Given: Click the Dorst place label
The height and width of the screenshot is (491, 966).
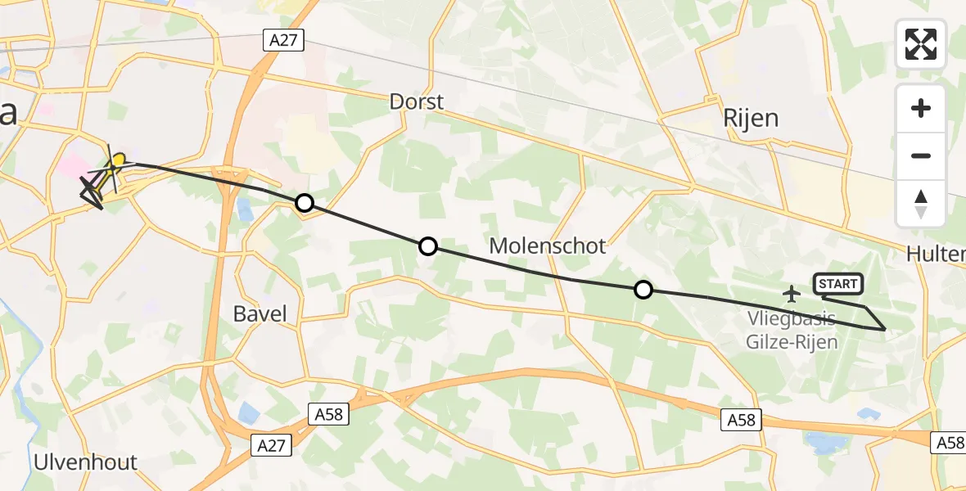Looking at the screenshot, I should (417, 102).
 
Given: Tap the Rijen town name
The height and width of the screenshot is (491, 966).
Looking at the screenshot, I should (750, 119).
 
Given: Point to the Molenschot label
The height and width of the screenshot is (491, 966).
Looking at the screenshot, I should (547, 245).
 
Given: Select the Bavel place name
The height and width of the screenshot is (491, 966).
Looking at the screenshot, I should (260, 313).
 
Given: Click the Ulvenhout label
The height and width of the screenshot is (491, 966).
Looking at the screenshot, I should (85, 462).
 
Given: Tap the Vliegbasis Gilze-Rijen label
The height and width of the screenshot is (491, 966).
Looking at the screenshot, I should (792, 331).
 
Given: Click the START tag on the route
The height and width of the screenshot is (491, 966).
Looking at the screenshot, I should (837, 284).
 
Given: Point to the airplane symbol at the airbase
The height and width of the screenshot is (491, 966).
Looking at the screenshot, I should (792, 292).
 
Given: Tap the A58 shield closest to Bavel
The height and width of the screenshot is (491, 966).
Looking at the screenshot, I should (331, 415).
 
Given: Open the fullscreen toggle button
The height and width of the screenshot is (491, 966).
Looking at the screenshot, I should (921, 44).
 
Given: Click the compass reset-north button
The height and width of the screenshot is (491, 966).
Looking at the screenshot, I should (921, 204).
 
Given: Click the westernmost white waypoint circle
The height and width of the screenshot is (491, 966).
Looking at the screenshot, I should (305, 203).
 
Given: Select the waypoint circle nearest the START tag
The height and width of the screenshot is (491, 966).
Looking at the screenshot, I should (643, 289).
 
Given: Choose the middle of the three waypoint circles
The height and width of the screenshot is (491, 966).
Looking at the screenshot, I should (428, 245).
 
